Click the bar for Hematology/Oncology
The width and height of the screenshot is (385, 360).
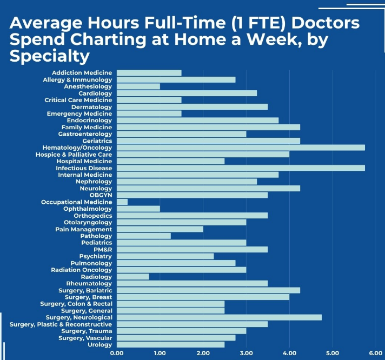point(241,148)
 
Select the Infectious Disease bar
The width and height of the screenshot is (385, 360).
point(241,168)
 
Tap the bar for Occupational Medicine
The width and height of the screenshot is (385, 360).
point(122,202)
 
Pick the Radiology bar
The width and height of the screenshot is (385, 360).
point(133,277)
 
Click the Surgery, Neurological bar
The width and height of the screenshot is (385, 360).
point(219,317)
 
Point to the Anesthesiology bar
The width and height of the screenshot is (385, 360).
point(138,86)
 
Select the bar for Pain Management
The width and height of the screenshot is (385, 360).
point(160,229)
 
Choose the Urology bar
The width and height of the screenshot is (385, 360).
point(170,344)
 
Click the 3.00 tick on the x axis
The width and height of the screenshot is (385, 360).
point(246,354)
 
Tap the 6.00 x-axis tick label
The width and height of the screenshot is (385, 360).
point(375,354)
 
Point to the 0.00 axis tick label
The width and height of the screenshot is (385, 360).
point(117,354)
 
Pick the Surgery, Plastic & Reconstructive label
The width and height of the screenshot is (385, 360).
point(61,324)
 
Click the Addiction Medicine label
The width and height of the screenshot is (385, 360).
point(82,73)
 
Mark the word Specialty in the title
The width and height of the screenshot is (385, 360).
point(49,56)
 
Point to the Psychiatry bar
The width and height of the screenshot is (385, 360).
point(165,256)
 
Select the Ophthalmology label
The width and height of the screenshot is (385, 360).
point(88,209)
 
